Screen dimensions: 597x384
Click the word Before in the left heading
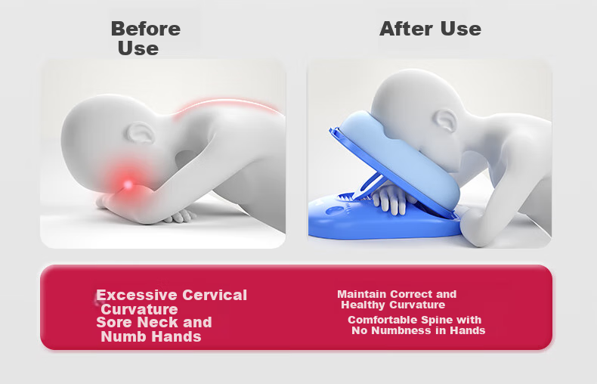(145, 29)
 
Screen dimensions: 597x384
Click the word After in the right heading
(407, 29)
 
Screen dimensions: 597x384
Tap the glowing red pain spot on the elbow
(128, 184)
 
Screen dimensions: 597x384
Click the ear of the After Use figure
(445, 121)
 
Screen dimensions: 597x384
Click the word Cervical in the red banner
(215, 296)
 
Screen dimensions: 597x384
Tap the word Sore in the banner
(114, 322)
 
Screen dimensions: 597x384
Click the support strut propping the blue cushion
(367, 187)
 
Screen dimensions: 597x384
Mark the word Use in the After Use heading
(461, 29)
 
